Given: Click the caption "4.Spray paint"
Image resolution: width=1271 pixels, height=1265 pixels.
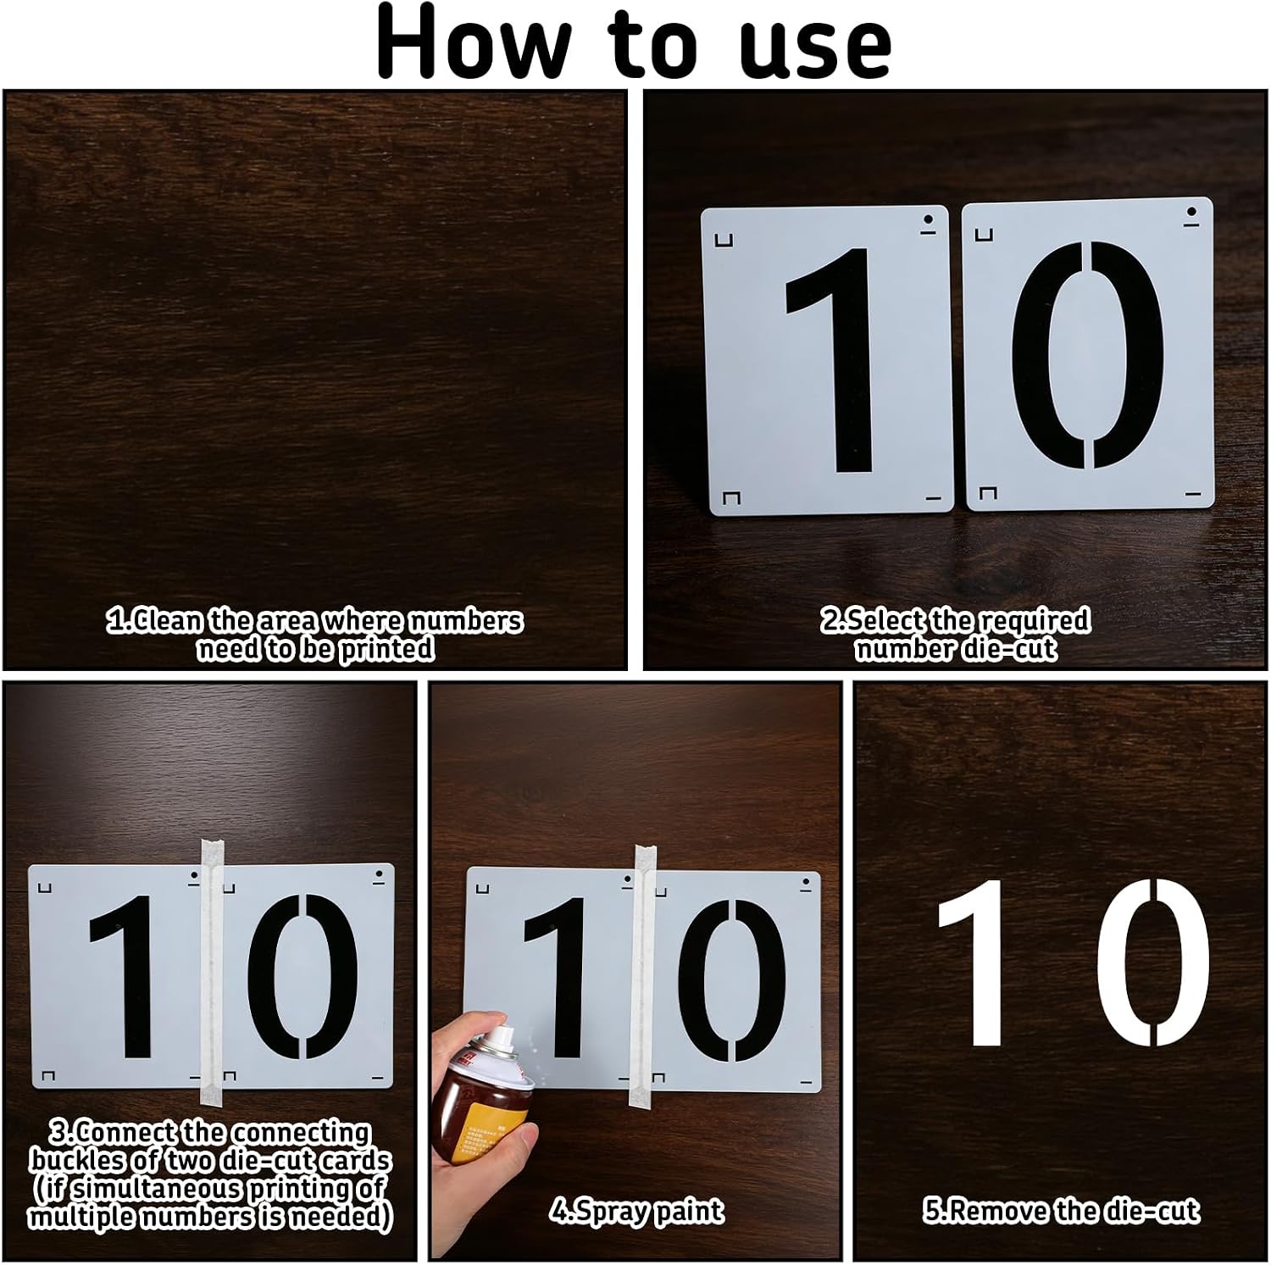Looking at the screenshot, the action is click(636, 1212).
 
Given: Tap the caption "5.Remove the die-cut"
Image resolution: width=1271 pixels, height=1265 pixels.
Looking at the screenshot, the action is click(1061, 1211).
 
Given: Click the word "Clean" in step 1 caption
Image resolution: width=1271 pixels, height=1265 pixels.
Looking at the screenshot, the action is click(169, 621).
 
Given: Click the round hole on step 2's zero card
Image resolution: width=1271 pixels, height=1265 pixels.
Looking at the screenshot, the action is click(1192, 212).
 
